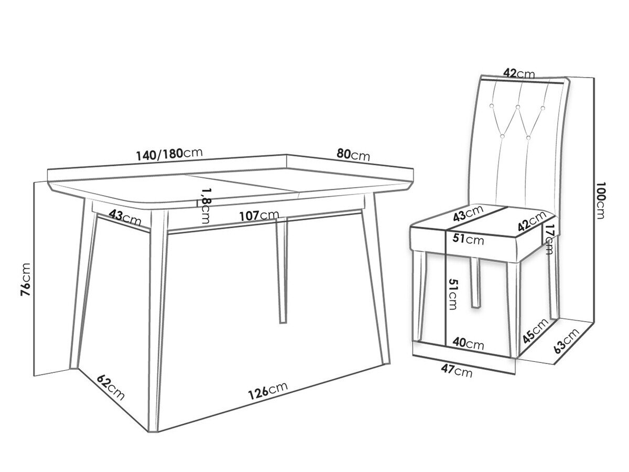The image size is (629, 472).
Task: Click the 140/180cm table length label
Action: pyautogui.click(x=169, y=154)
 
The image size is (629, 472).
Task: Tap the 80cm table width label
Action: pyautogui.click(x=353, y=155)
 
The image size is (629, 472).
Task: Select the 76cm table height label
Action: pyautogui.click(x=26, y=279)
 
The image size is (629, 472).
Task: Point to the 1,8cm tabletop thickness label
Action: pyautogui.click(x=205, y=206)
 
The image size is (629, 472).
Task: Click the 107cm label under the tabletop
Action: pyautogui.click(x=259, y=216)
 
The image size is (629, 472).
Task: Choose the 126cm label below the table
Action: pyautogui.click(x=268, y=391)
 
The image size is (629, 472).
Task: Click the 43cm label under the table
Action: pyautogui.click(x=125, y=218)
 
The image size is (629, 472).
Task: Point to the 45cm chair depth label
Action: pyautogui.click(x=535, y=331)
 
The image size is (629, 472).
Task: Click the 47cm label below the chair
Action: pyautogui.click(x=457, y=371)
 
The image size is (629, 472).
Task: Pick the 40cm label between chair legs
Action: pyautogui.click(x=468, y=344)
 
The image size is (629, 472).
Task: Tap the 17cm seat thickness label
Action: pyautogui.click(x=548, y=239)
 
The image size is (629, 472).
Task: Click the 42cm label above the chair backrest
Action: pyautogui.click(x=519, y=73)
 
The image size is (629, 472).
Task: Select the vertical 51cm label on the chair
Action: pyautogui.click(x=452, y=294)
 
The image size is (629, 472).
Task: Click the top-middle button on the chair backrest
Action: pyautogui.click(x=518, y=107)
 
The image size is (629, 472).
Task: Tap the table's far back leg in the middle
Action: pyautogui.click(x=281, y=271)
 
